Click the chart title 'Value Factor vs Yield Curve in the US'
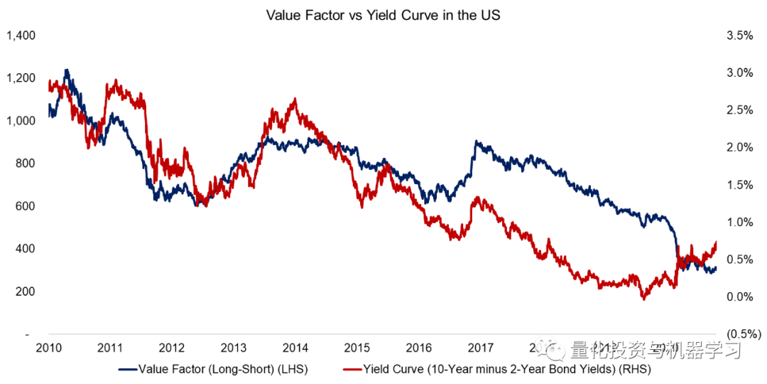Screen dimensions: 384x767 click(x=383, y=14)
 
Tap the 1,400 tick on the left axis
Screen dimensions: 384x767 click(x=20, y=35)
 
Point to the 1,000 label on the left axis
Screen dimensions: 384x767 click(x=20, y=120)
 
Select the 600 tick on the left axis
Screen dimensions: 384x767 click(x=25, y=206)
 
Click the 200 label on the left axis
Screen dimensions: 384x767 click(x=25, y=292)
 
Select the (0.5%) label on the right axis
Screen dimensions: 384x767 click(x=736, y=334)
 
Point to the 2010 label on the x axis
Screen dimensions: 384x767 click(x=48, y=348)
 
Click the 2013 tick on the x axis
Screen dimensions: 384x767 click(x=234, y=348)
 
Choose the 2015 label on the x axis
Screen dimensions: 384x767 click(x=357, y=348)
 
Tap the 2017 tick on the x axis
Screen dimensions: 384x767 click(x=481, y=348)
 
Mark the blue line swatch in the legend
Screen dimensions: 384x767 click(x=127, y=369)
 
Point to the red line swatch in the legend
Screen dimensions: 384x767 click(x=352, y=369)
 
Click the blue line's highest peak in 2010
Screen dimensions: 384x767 click(x=67, y=70)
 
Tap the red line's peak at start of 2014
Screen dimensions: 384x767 click(x=295, y=100)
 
